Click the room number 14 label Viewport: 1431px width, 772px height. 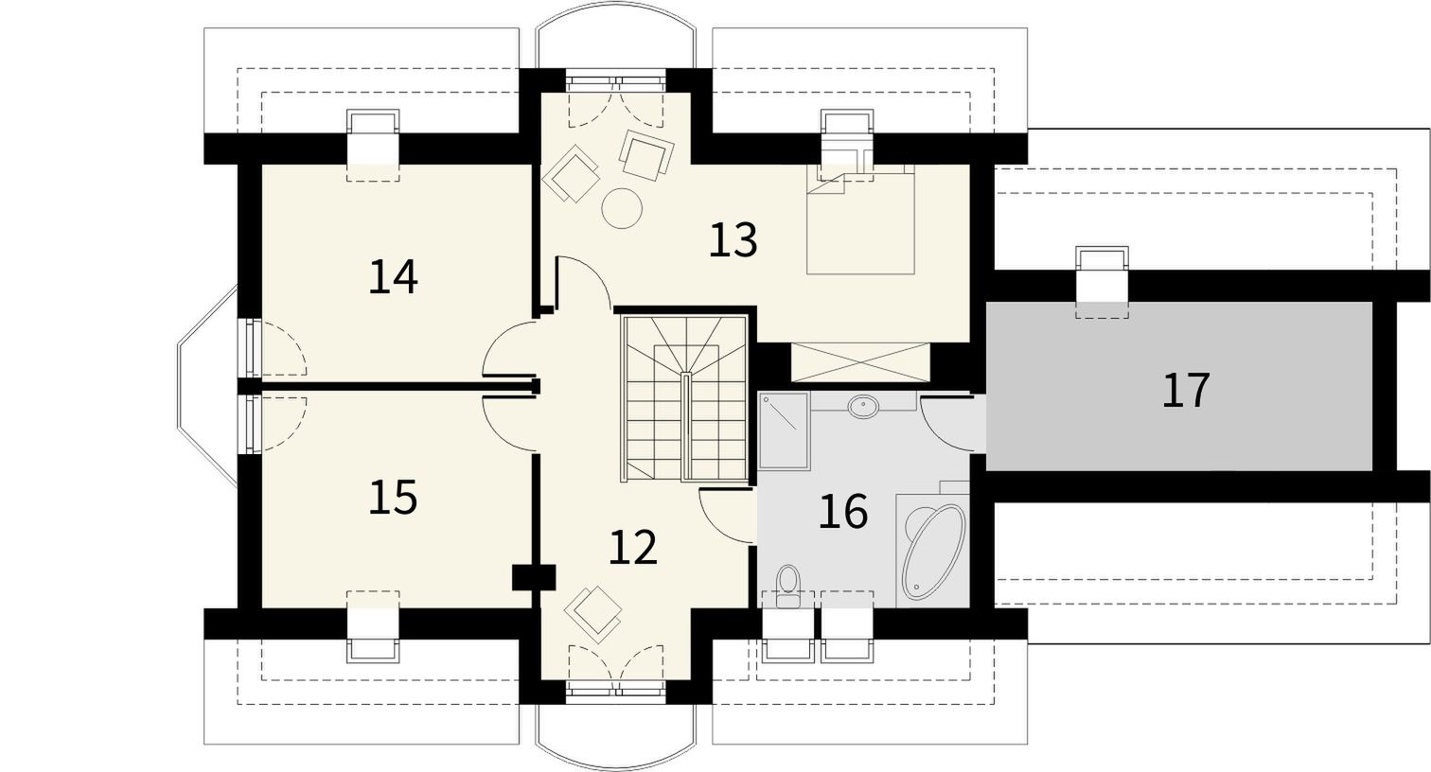coord(394,276)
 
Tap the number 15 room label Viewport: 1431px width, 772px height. coord(394,498)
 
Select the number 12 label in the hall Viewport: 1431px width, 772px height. coord(633,547)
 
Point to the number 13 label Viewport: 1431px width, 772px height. coord(733,240)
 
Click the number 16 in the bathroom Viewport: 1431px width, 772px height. coord(843,511)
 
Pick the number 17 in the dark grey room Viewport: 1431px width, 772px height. coord(1186,390)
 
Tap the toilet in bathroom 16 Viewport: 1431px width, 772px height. coord(788,587)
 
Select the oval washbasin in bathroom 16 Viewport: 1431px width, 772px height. coord(863,406)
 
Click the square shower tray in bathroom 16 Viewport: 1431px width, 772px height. coord(785,431)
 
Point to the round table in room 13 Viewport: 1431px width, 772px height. coord(622,207)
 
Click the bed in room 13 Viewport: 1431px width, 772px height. coord(860,219)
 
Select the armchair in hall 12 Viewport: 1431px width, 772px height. coord(593,614)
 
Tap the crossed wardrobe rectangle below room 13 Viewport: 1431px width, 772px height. coord(860,362)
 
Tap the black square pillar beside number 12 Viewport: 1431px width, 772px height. coord(534,577)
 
